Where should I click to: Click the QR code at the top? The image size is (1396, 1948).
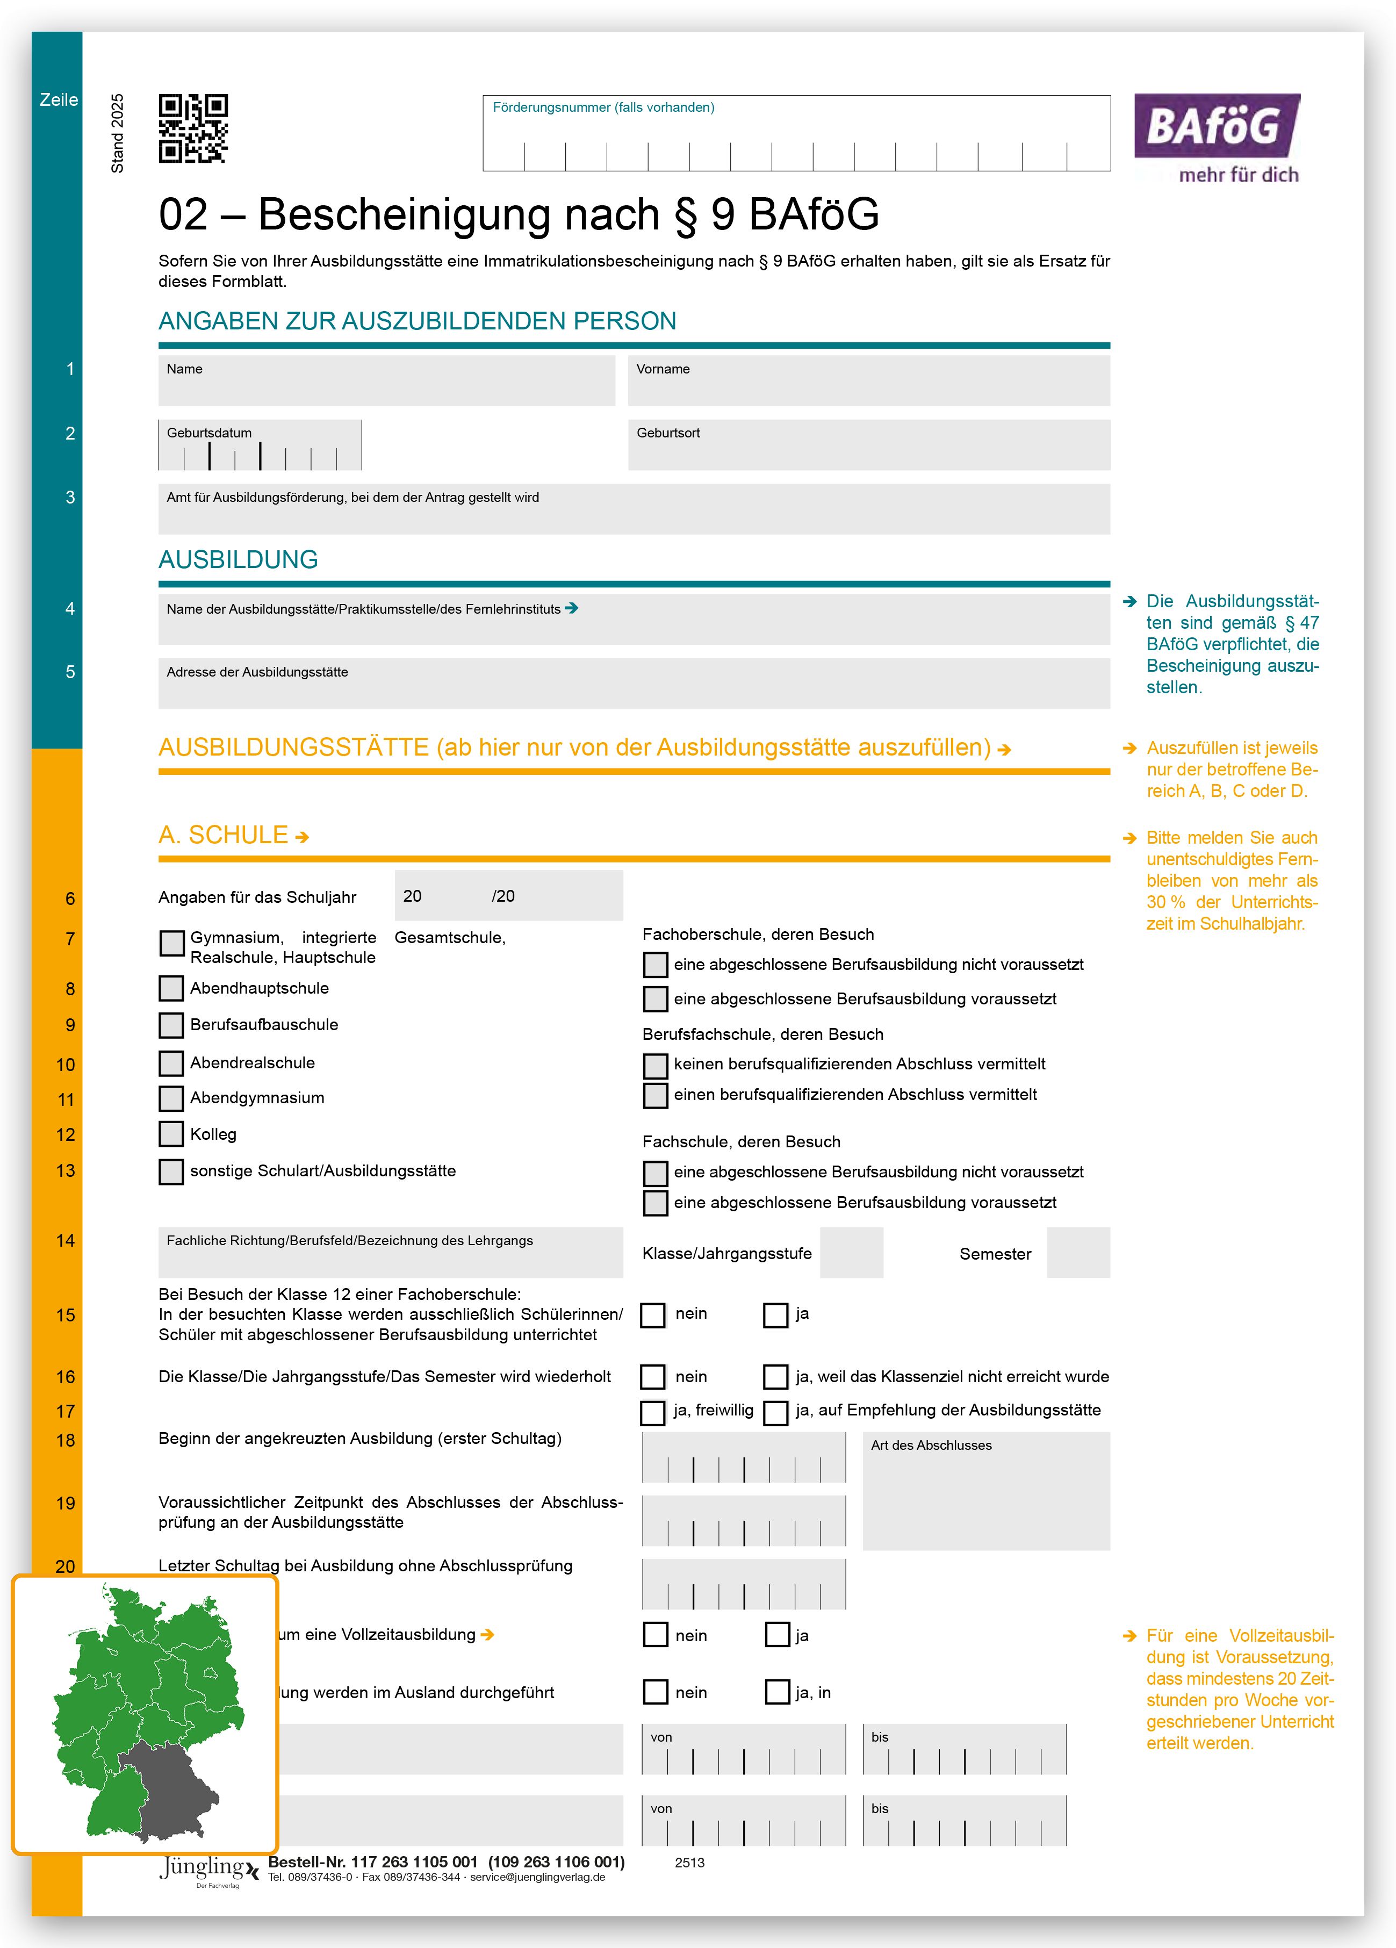193,129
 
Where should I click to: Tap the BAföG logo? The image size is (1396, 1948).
1217,138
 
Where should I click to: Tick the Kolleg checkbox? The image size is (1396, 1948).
172,1134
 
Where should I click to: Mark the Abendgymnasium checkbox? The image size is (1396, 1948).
172,1098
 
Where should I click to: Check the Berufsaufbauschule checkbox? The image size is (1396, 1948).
172,1025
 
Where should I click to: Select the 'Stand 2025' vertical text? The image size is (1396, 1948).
118,133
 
